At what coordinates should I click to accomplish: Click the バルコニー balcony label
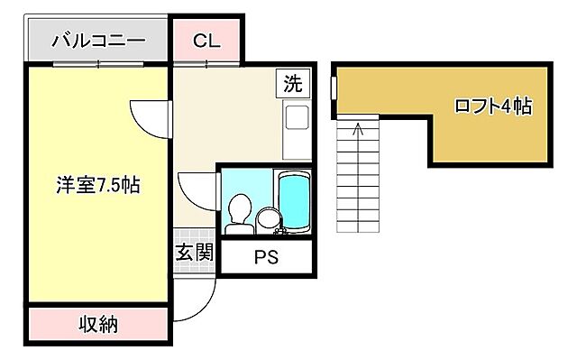tap(98, 40)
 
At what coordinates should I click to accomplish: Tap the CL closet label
tap(206, 41)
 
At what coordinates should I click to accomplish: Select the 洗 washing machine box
tap(293, 83)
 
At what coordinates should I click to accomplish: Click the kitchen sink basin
tap(297, 117)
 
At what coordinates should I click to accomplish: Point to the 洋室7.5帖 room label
tap(98, 184)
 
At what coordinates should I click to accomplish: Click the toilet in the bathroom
tap(240, 214)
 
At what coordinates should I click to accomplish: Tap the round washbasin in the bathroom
tap(269, 219)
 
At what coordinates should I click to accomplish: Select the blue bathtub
tap(294, 202)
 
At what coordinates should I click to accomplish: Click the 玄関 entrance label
tap(195, 253)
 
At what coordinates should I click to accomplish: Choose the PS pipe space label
tap(267, 257)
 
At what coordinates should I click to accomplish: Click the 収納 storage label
tap(98, 324)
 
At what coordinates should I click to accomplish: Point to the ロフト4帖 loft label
tap(493, 106)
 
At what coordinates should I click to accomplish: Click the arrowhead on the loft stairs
tap(357, 129)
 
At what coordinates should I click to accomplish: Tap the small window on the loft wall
tap(334, 88)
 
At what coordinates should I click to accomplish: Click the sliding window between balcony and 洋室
tap(98, 64)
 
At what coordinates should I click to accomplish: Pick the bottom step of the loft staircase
tap(358, 228)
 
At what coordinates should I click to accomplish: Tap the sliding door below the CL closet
tap(206, 64)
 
